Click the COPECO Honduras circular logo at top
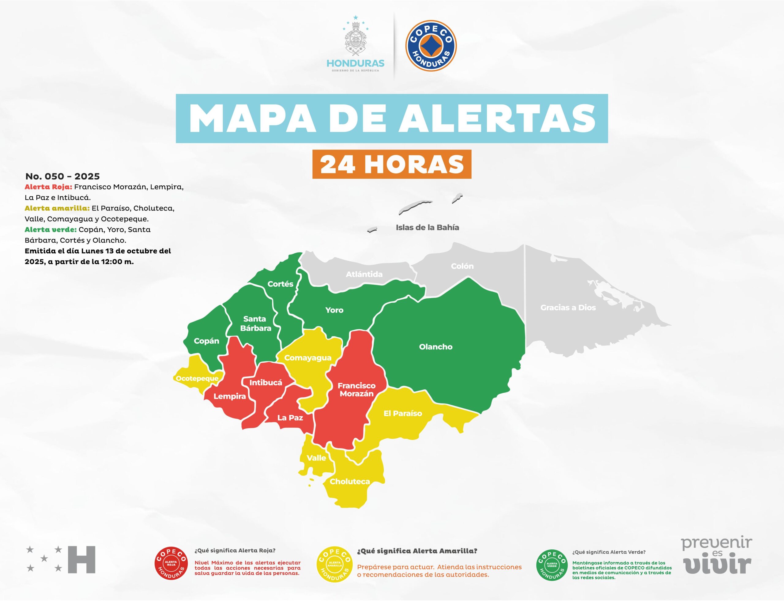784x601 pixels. pos(431,45)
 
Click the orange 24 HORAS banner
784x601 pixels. pos(392,164)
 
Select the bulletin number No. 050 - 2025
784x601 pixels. pos(62,176)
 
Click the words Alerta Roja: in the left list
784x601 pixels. pos(48,187)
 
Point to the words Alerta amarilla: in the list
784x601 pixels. pos(57,208)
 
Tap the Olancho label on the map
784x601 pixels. pos(435,347)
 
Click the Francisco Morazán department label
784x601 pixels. pos(356,390)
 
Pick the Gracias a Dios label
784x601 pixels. pos(568,308)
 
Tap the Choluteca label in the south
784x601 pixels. pos(349,482)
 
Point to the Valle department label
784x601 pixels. pos(316,458)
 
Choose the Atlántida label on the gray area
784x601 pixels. pos(364,274)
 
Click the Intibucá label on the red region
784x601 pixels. pos(266,382)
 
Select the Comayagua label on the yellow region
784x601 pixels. pos(307,358)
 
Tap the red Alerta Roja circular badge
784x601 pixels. pos(171,564)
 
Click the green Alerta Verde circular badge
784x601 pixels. pos(552,565)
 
